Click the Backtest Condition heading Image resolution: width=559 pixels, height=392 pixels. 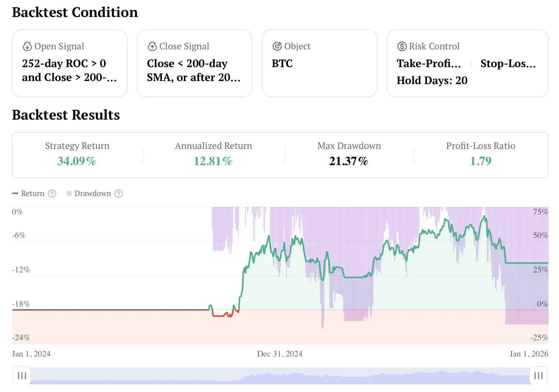coord(75,12)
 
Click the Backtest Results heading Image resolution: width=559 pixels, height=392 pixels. coord(66,115)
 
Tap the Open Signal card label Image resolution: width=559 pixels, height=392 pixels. coord(59,46)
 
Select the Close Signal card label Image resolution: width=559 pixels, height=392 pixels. coord(184,46)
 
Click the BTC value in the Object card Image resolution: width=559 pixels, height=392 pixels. coord(282,64)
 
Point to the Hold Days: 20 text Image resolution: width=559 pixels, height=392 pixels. coord(432,80)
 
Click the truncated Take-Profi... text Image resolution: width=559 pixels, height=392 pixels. coord(429,64)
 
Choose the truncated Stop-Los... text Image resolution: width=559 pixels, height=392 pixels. coord(508,64)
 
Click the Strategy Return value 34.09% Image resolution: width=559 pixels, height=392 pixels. coord(77,161)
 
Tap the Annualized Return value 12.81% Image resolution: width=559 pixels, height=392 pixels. coord(213,161)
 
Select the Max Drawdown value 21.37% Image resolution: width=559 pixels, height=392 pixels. coord(349,161)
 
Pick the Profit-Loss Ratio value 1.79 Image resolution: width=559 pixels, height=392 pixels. coord(480,161)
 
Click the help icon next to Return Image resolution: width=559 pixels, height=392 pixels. coord(52,194)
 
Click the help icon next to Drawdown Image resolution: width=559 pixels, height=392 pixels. coord(119,194)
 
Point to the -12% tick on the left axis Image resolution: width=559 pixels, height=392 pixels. coord(21,270)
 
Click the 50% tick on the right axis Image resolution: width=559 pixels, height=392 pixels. coord(540,235)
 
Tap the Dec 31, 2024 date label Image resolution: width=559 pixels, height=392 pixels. coord(279,354)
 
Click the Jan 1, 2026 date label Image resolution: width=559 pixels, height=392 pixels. coord(529,354)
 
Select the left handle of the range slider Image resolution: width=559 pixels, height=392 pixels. coord(22,376)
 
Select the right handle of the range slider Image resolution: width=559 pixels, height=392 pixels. coord(538,376)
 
